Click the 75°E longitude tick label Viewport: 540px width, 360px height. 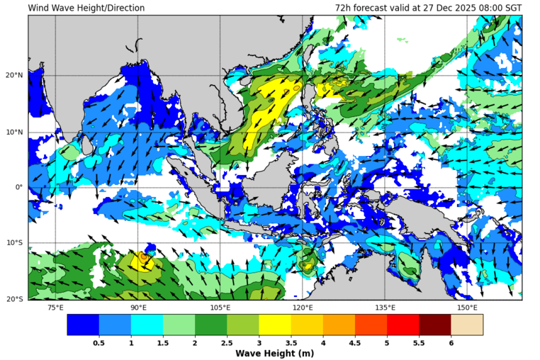55,308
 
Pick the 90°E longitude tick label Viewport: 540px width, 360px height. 138,308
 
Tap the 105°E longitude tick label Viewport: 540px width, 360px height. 220,308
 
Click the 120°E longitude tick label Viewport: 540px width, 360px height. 303,308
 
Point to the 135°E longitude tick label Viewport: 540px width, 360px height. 385,308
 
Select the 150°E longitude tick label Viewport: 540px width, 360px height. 467,308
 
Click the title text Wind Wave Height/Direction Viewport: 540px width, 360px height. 86,9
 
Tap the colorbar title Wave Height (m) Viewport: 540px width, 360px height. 274,354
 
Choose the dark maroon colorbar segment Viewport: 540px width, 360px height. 435,325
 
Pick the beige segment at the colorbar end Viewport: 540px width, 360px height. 467,325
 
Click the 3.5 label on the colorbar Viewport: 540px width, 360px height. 291,342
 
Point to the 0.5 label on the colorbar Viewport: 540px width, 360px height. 99,342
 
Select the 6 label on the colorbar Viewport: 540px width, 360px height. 451,342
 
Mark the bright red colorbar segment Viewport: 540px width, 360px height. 403,325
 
